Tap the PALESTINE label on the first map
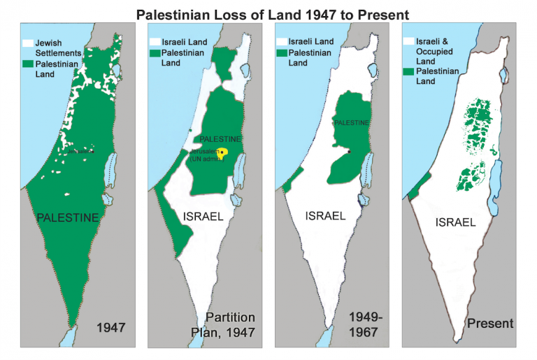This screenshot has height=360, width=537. click(x=67, y=219)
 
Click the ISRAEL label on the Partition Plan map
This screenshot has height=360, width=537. click(x=203, y=216)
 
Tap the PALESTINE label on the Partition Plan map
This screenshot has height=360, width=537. click(x=220, y=139)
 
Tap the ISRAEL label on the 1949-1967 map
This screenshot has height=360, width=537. click(x=326, y=216)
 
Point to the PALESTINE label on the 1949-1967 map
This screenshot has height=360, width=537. click(x=350, y=123)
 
